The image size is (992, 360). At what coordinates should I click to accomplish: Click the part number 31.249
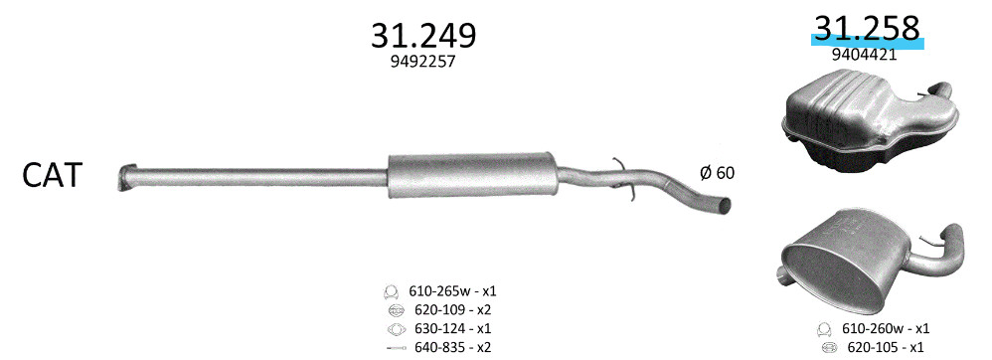[x=423, y=36]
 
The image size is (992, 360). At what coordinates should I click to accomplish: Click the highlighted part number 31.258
[x=866, y=29]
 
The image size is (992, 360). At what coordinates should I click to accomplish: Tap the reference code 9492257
[x=423, y=62]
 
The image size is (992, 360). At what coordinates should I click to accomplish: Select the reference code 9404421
[x=864, y=55]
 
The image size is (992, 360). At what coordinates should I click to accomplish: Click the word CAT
[x=53, y=175]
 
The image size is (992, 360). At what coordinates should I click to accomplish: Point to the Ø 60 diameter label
[x=718, y=172]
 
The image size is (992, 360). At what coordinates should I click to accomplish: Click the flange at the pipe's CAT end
[x=126, y=177]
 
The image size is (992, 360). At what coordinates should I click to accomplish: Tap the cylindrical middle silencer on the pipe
[x=472, y=175]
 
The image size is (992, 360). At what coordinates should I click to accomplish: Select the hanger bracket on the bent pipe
[x=623, y=180]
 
